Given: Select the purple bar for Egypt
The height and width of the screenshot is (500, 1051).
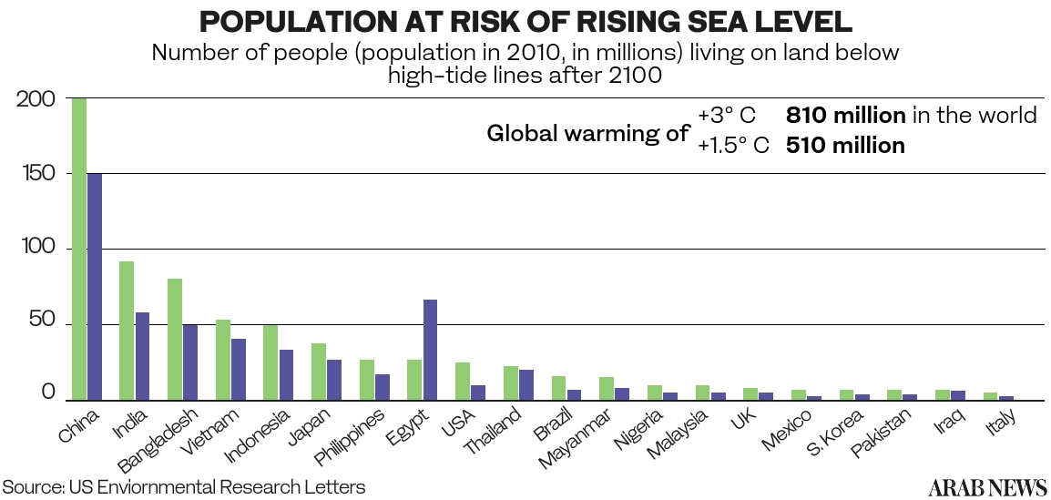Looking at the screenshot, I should (x=431, y=350).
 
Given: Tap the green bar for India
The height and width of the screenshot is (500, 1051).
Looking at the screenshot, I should (x=127, y=331).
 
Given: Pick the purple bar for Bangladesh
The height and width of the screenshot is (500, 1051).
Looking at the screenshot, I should (x=189, y=362).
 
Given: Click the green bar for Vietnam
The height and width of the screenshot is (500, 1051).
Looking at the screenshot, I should (x=222, y=360).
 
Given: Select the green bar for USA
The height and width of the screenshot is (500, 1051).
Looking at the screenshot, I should (x=462, y=381).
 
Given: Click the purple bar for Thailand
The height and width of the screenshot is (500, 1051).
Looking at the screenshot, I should (x=526, y=384).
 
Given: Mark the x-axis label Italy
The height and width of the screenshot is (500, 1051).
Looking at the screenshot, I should (x=1000, y=422).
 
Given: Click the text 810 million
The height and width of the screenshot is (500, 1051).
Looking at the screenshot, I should (x=845, y=116).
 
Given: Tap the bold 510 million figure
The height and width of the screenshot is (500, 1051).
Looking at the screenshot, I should (x=845, y=145).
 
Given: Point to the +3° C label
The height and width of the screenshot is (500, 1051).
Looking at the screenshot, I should (x=726, y=116).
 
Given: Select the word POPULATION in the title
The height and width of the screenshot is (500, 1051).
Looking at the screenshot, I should (x=304, y=22).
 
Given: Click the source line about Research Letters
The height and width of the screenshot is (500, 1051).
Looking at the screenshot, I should (x=183, y=487).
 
